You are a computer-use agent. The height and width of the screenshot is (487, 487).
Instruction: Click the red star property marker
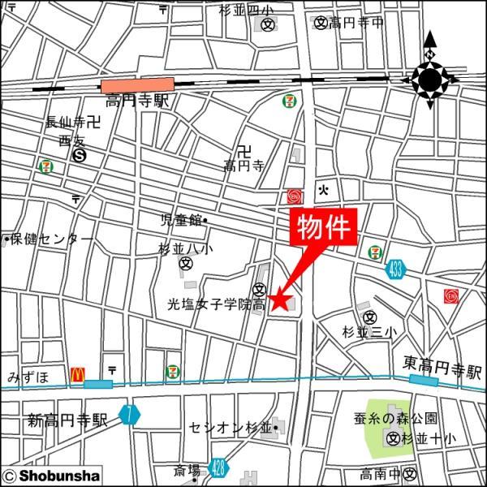click(x=279, y=300)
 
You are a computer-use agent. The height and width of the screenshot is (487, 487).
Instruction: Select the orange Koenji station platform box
click(x=137, y=84)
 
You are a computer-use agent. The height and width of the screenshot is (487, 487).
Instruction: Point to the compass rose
click(x=429, y=79)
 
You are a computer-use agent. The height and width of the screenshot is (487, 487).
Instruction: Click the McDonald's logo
click(x=78, y=374)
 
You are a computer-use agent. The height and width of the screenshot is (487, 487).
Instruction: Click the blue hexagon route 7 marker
click(x=128, y=414)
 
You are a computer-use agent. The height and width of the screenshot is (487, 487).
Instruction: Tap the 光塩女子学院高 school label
click(x=216, y=304)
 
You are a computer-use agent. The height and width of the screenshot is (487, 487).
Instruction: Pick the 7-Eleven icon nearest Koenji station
click(x=287, y=101)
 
